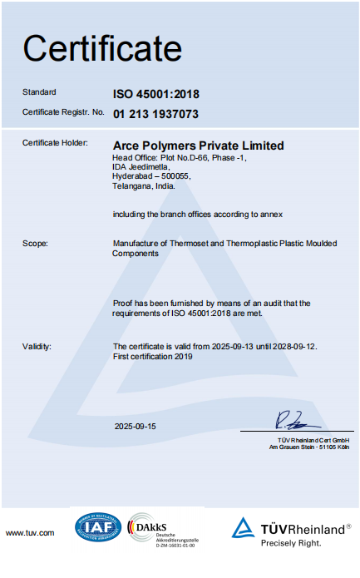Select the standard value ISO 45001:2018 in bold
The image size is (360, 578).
pos(156,94)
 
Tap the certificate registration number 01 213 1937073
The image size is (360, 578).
pos(156,113)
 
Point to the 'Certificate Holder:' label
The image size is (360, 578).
pos(55,143)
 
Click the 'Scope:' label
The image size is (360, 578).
pos(35,244)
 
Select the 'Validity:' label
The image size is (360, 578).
pos(37,346)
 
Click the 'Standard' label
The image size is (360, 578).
pos(39,91)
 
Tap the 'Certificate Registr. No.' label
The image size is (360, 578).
pos(63,111)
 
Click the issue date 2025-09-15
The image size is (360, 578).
pos(136,426)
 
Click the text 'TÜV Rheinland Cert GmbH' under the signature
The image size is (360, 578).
pos(314,439)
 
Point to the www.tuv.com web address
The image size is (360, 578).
pos(30,533)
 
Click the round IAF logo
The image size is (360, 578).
pos(98,527)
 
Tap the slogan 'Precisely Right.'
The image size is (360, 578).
pos(292,543)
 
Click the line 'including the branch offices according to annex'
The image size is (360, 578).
pos(198,214)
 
